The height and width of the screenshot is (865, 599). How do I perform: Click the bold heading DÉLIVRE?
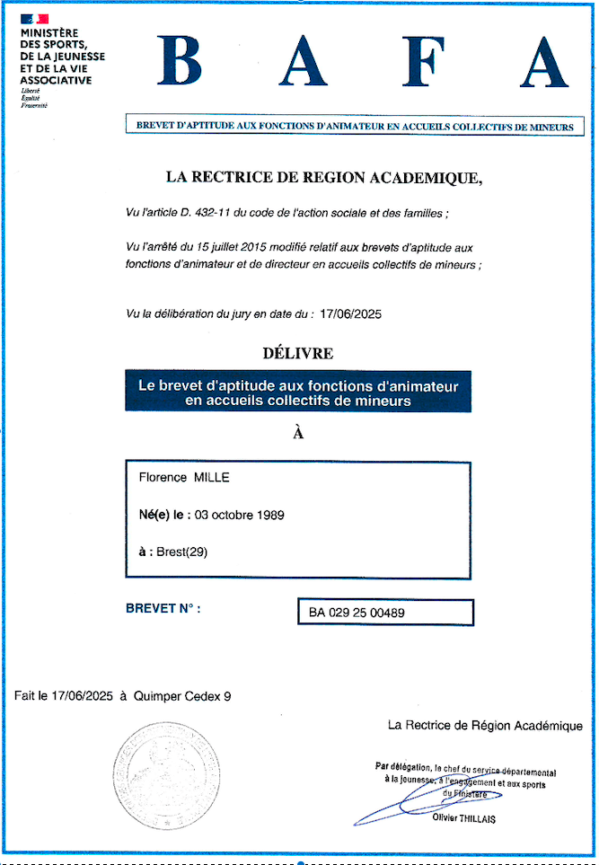[299, 354]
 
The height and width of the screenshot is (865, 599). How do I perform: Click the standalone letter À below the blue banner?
[299, 433]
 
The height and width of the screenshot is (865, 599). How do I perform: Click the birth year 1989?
[269, 515]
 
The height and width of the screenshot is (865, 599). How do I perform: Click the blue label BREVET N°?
[163, 608]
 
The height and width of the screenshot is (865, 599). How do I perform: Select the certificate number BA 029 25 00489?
[357, 613]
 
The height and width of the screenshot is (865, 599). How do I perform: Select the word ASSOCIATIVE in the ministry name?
[56, 80]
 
